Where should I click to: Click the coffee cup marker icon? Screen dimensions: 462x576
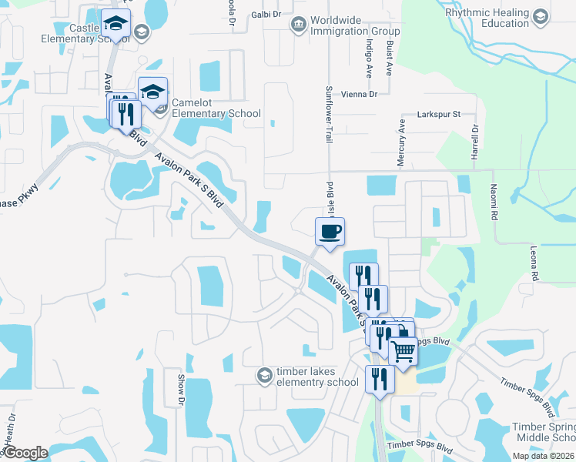pyautogui.click(x=330, y=231)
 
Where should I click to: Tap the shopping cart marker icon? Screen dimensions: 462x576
pyautogui.click(x=404, y=351)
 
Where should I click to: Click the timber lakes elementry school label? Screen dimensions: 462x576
pyautogui.click(x=317, y=376)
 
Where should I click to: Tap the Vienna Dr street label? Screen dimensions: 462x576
pyautogui.click(x=362, y=94)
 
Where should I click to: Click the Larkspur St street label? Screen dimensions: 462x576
pyautogui.click(x=438, y=114)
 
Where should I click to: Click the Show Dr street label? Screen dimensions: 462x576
pyautogui.click(x=182, y=390)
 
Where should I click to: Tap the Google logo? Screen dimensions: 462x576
pyautogui.click(x=25, y=453)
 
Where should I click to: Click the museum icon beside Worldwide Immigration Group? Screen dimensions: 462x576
pyautogui.click(x=297, y=25)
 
